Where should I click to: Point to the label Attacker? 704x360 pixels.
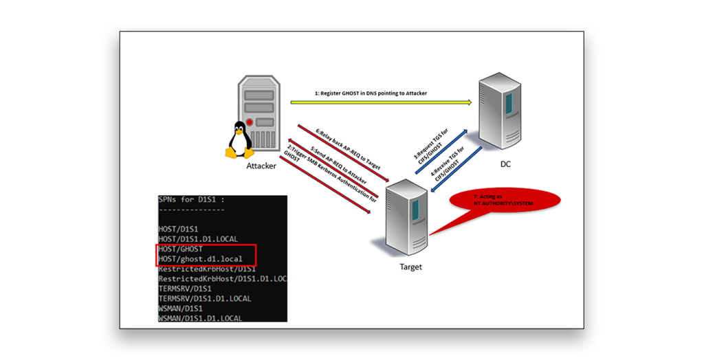(261, 166)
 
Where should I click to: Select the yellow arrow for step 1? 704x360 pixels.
(381, 102)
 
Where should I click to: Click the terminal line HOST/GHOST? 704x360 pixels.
(180, 249)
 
